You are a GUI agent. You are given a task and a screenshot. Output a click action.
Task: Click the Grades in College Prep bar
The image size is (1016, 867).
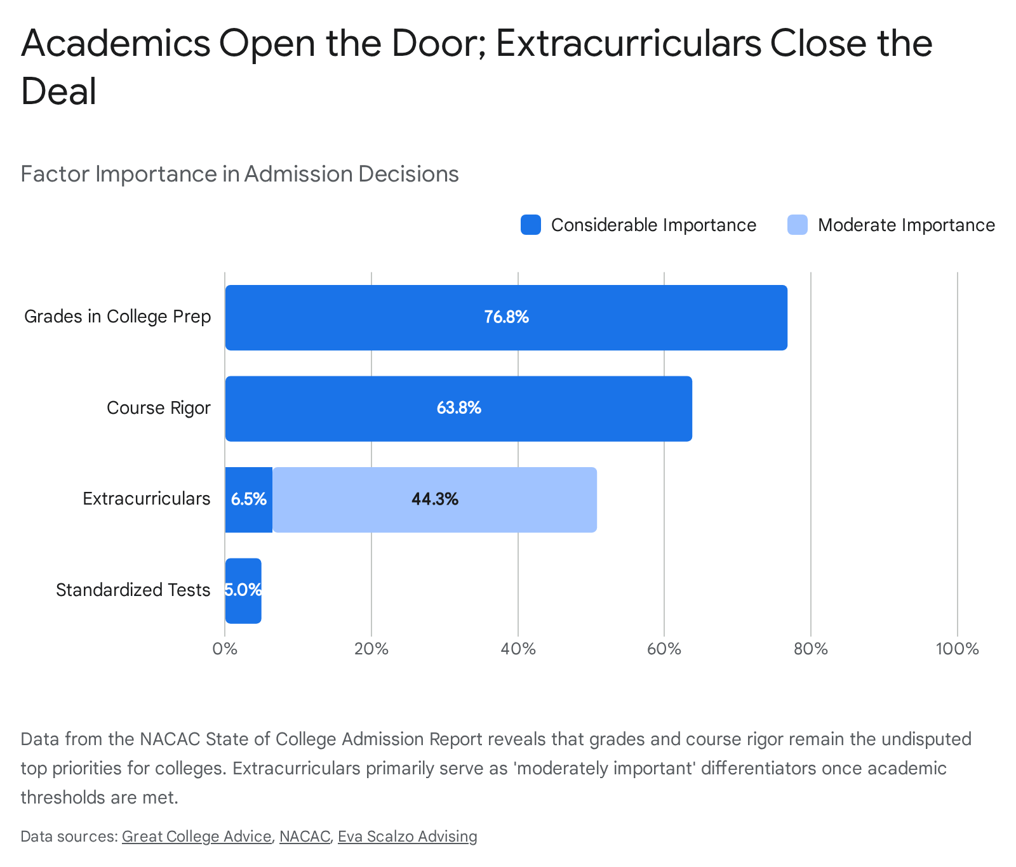click(x=506, y=317)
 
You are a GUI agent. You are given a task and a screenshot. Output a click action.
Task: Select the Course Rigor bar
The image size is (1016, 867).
click(x=458, y=409)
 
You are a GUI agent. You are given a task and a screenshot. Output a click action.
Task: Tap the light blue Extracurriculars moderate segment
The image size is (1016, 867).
click(x=435, y=500)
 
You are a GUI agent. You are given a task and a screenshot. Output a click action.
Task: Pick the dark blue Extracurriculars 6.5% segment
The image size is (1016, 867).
click(x=249, y=500)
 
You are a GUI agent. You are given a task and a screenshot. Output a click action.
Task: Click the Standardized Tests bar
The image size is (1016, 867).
click(x=243, y=591)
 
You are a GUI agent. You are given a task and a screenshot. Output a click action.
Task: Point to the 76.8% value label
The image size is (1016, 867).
click(x=506, y=317)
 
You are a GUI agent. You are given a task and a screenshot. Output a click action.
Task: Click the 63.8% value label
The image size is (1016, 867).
click(x=458, y=408)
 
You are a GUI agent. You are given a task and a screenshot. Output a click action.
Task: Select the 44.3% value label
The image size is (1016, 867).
click(x=435, y=500)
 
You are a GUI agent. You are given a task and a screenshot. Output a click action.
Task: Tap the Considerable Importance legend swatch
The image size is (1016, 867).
click(x=531, y=225)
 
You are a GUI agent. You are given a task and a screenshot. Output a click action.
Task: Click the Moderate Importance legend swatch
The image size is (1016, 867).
click(x=798, y=225)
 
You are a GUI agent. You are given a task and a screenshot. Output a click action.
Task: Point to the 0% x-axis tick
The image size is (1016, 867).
click(x=225, y=649)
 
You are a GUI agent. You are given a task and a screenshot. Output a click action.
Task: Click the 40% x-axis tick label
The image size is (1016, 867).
click(x=518, y=649)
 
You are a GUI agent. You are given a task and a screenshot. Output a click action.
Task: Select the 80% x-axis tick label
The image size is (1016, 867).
click(x=811, y=649)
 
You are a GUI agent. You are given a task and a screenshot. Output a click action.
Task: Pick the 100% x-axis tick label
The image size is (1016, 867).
click(x=958, y=649)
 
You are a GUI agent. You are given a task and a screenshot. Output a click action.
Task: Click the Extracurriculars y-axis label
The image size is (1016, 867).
click(x=147, y=499)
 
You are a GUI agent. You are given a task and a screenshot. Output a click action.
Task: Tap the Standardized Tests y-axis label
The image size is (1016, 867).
click(x=133, y=590)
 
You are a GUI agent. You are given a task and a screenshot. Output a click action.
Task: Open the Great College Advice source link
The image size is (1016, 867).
click(x=197, y=837)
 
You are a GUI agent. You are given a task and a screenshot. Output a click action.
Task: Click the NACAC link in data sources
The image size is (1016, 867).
click(x=305, y=837)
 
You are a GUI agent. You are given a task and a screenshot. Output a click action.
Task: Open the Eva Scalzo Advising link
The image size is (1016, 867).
click(x=408, y=837)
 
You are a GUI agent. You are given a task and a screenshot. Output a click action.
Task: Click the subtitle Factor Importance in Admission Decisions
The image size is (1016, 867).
click(x=239, y=174)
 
